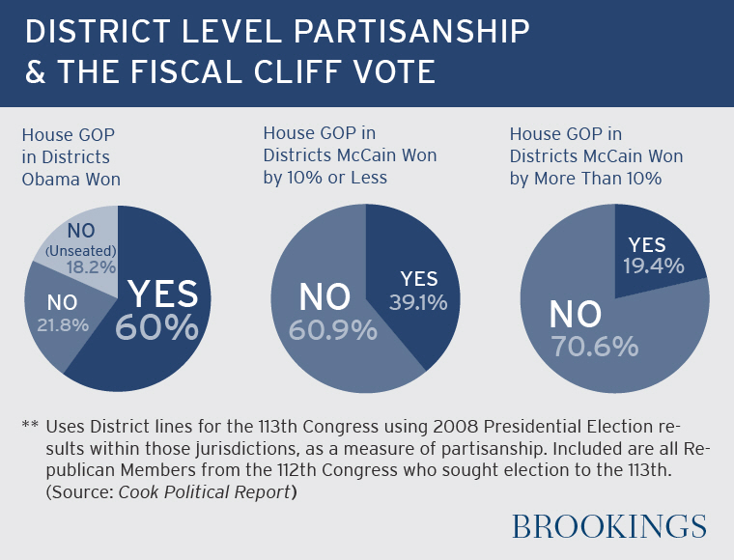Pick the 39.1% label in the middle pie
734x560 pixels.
pyautogui.click(x=418, y=303)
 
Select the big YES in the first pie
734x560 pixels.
pyautogui.click(x=162, y=293)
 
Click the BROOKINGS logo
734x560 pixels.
pyautogui.click(x=608, y=526)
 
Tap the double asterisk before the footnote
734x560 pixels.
pyautogui.click(x=29, y=426)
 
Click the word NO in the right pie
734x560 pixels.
pyautogui.click(x=576, y=313)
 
